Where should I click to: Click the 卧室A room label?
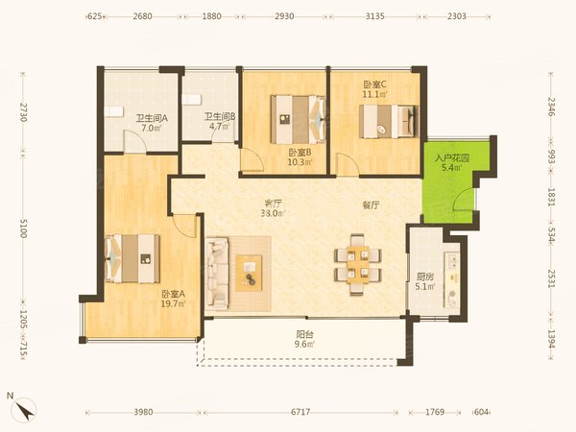(x=173, y=295)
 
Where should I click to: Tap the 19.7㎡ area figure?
(x=173, y=303)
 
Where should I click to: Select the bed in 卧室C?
(x=389, y=122)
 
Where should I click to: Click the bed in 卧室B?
(x=298, y=119)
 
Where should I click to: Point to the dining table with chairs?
(x=357, y=265)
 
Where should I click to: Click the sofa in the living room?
(x=217, y=273)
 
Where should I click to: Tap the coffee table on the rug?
(x=249, y=273)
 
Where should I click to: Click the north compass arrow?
(x=25, y=410)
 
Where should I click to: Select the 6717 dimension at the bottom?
(x=300, y=412)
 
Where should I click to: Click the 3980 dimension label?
(x=143, y=412)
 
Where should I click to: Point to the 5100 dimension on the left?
(x=23, y=228)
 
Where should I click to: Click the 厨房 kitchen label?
(x=424, y=276)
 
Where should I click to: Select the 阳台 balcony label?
(x=305, y=335)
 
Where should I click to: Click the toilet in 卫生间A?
(x=112, y=111)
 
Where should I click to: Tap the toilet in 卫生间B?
(x=191, y=100)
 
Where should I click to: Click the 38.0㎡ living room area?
(x=273, y=213)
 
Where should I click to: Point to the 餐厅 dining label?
(x=371, y=205)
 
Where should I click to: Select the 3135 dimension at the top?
(x=375, y=16)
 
